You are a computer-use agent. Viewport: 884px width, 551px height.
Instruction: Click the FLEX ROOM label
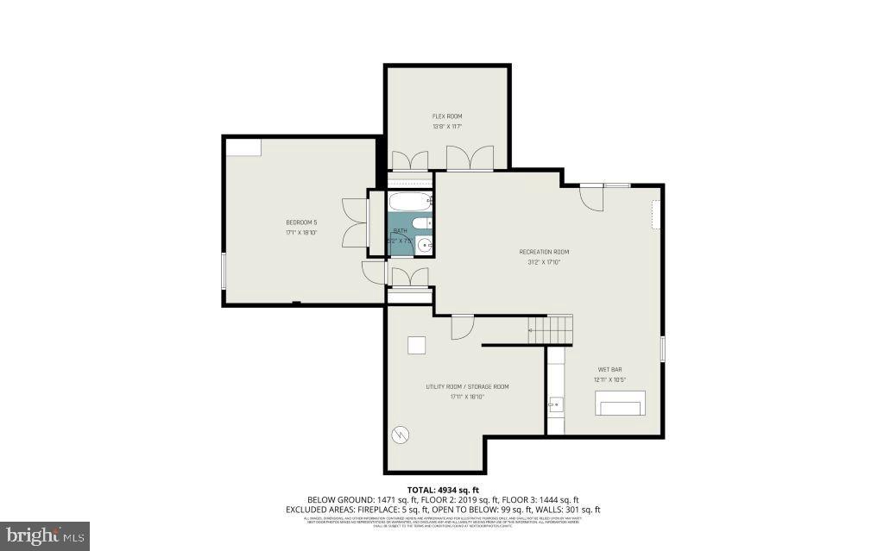(447, 116)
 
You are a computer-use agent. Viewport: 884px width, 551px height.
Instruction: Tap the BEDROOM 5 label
(296, 222)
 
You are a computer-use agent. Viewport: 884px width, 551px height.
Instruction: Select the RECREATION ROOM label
(544, 252)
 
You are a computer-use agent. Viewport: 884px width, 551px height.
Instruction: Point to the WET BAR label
(609, 369)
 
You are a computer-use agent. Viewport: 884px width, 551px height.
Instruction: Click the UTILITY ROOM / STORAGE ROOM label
(467, 386)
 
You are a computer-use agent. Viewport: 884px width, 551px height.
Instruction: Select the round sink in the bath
(424, 246)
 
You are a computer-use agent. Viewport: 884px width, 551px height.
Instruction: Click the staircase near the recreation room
(551, 329)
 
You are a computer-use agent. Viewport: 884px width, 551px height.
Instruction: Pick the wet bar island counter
(620, 403)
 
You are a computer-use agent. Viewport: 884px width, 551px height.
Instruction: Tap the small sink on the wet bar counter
(554, 403)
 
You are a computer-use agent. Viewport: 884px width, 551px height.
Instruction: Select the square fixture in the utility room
(417, 344)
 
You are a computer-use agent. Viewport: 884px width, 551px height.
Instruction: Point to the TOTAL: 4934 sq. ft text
(442, 490)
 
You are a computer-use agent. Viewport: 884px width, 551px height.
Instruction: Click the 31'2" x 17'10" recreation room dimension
(544, 262)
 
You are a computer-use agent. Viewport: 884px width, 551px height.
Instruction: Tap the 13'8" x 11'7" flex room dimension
(447, 127)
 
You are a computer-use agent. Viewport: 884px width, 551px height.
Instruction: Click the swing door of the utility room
(462, 326)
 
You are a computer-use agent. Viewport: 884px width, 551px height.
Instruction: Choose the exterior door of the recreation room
(591, 197)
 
